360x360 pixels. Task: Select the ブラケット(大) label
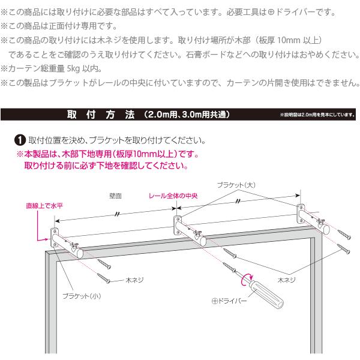point(236,185)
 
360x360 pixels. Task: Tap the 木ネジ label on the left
point(134,279)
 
